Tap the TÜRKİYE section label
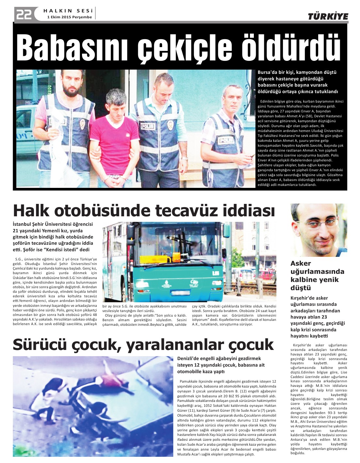[x=328, y=17]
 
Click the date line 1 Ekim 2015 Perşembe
[x=70, y=17]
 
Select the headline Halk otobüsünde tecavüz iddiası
[x=144, y=210]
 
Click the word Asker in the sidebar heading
[x=301, y=263]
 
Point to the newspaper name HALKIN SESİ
[x=68, y=10]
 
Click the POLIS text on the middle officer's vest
[x=148, y=126]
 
